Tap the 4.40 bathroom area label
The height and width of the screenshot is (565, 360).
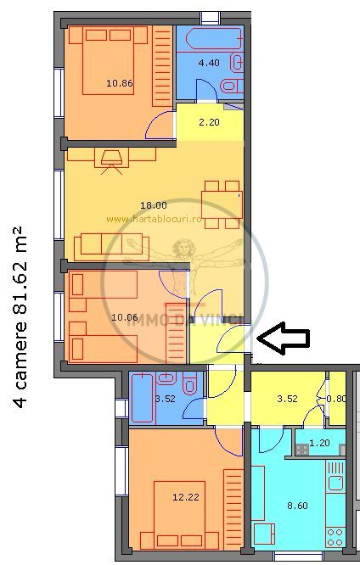tap(208, 62)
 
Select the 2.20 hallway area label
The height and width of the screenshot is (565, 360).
tap(209, 124)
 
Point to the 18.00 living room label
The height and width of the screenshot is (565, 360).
tap(154, 204)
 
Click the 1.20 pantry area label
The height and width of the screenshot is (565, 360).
tap(319, 442)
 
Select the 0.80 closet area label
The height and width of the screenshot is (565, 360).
tap(337, 399)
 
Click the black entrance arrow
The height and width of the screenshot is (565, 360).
tap(283, 339)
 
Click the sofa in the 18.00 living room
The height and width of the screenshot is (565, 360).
tap(111, 247)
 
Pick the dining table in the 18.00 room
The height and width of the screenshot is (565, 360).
tap(220, 204)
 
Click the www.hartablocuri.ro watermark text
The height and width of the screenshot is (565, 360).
tap(152, 218)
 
